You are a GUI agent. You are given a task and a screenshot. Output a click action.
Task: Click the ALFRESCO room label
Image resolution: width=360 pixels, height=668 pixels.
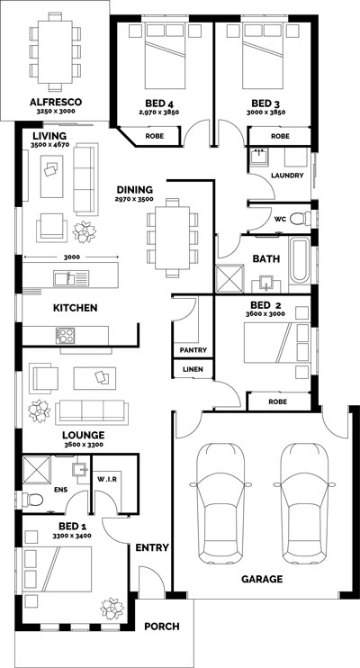click(56, 103)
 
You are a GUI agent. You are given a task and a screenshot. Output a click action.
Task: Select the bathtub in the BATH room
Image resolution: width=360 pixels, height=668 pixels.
click(299, 261)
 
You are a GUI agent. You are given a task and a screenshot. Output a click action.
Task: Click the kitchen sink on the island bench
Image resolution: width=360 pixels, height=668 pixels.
click(71, 278)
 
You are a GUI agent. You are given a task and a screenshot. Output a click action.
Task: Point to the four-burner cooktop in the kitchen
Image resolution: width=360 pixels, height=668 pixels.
click(65, 336)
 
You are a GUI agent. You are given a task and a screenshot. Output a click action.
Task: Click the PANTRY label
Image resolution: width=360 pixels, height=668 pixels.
click(193, 350)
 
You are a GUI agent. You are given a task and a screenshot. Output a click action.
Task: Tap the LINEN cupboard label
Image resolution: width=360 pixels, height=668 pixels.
click(193, 369)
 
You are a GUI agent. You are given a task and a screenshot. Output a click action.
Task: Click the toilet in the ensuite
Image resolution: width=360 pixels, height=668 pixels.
click(33, 500)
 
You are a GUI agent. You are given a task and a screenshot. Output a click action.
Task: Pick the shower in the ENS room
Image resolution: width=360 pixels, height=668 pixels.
click(36, 470)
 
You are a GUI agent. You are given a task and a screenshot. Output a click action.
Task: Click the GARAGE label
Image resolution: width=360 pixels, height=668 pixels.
click(262, 579)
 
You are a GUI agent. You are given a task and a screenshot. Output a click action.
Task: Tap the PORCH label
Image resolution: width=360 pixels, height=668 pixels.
click(161, 627)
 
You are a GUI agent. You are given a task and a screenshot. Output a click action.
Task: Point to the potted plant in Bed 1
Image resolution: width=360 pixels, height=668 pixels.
click(112, 609)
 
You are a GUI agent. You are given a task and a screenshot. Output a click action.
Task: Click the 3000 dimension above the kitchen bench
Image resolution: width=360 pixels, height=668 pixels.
click(71, 257)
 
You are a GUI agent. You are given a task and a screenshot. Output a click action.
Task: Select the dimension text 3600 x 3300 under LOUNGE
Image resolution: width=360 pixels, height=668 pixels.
click(83, 445)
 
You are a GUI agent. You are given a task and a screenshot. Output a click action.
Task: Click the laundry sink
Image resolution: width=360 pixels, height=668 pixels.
click(259, 157)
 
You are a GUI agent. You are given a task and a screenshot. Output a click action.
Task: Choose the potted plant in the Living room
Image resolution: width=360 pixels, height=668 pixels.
click(84, 232)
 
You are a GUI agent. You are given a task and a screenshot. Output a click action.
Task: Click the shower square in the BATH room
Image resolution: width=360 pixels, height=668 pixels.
click(230, 278)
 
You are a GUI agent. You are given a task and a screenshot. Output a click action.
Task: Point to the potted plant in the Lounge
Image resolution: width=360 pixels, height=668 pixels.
click(40, 411)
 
